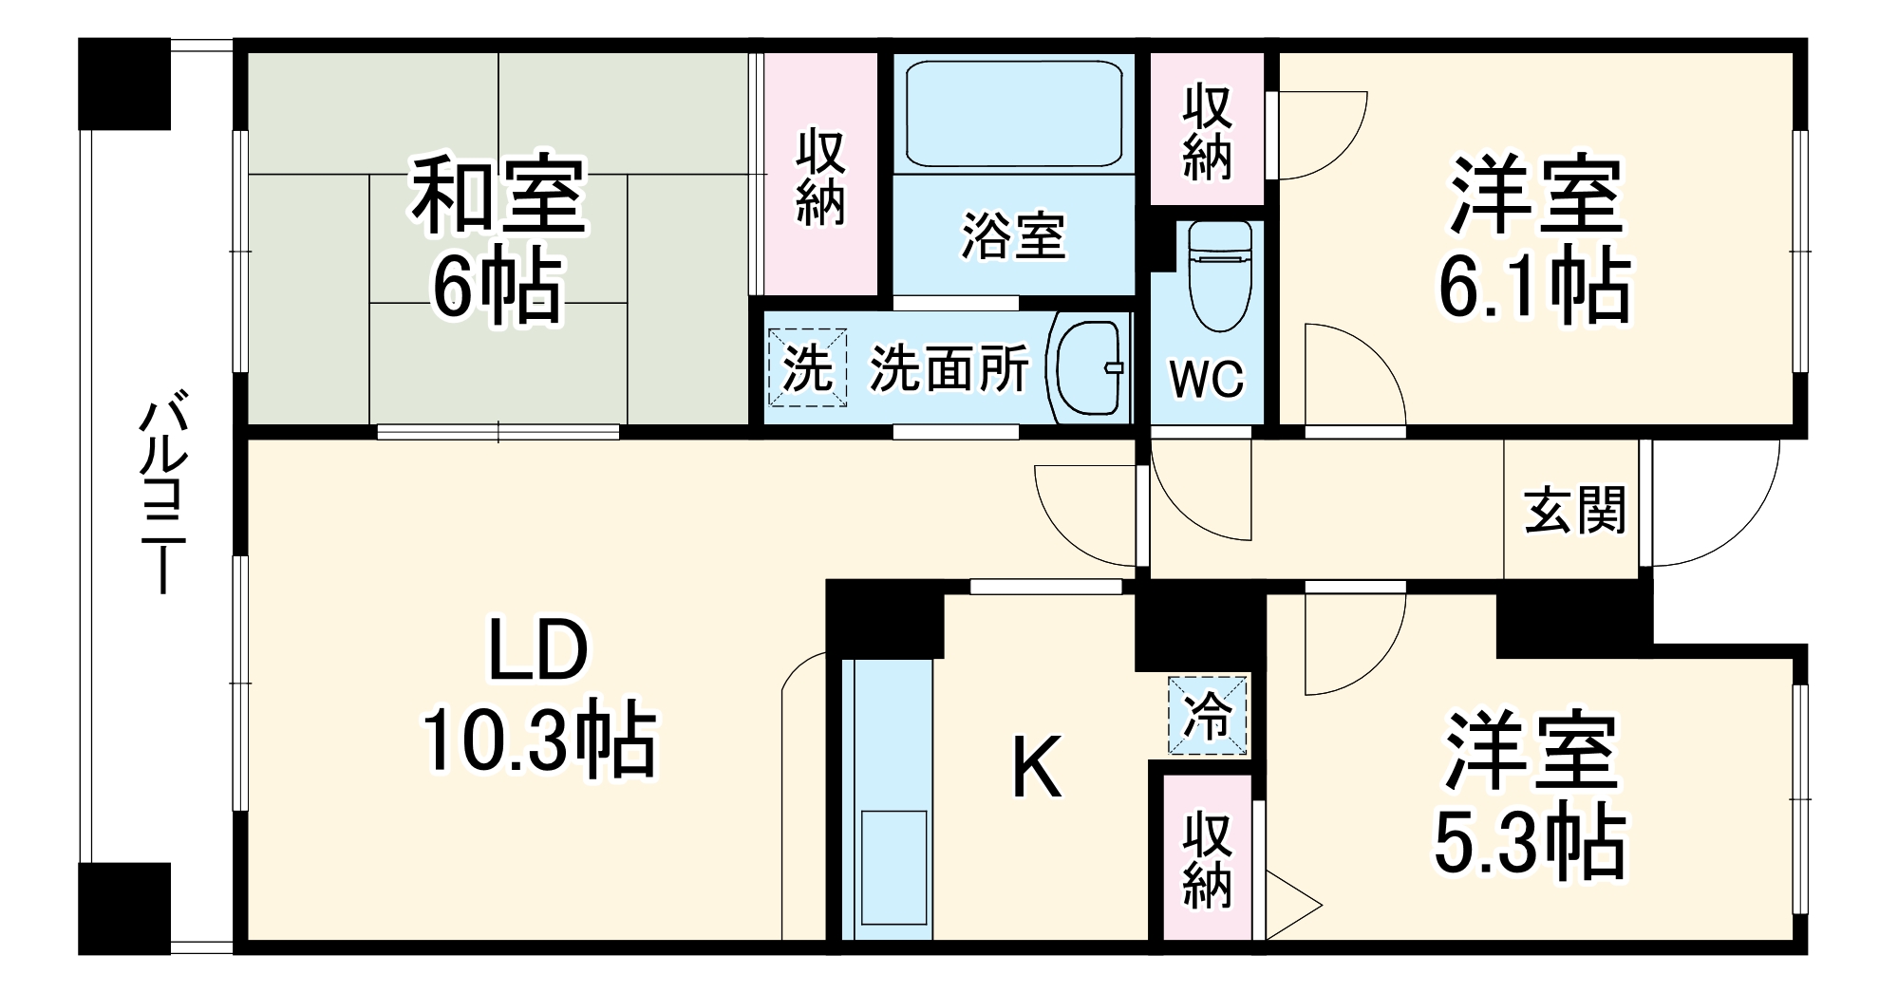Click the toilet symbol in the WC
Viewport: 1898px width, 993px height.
point(1219,275)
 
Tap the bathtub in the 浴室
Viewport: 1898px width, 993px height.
point(1013,114)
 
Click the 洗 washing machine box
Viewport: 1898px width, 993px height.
point(807,367)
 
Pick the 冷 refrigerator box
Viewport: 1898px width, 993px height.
point(1208,716)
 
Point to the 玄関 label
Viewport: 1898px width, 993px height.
point(1575,511)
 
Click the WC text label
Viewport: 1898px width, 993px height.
point(1207,381)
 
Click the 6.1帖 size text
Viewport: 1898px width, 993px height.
point(1534,286)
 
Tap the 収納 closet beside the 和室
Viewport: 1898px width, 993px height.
point(821,176)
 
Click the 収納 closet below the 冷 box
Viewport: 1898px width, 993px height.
point(1207,859)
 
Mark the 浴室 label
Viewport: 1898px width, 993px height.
point(1013,235)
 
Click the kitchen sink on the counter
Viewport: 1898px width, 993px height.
point(893,867)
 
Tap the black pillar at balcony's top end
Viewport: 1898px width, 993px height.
point(124,84)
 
